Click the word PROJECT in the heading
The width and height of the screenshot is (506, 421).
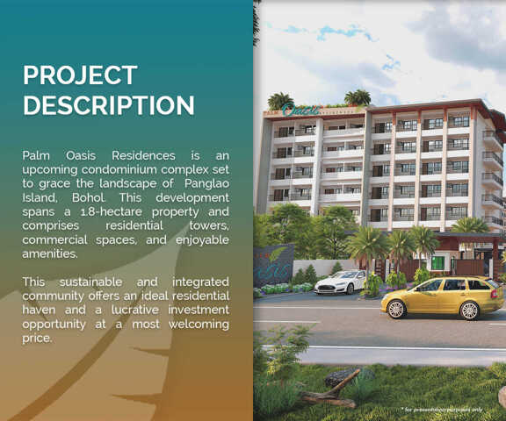click(x=80, y=75)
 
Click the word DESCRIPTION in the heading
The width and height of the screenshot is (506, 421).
click(x=109, y=105)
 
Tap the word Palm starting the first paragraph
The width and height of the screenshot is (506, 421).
click(x=38, y=155)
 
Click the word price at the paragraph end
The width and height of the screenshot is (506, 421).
click(x=37, y=338)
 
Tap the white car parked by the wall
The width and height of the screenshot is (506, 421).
click(x=340, y=282)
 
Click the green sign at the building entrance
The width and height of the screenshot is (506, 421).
click(x=437, y=262)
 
